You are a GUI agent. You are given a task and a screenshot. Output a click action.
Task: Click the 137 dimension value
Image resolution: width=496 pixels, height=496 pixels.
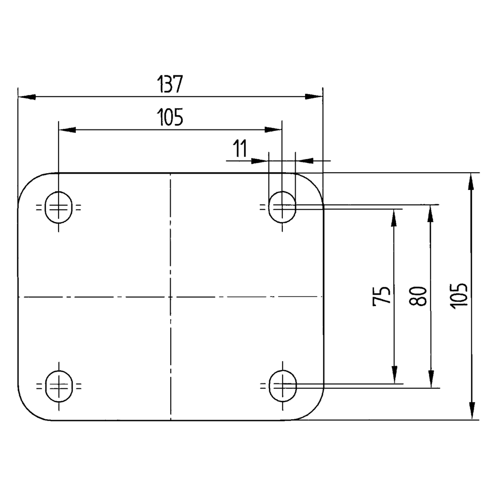[170, 84]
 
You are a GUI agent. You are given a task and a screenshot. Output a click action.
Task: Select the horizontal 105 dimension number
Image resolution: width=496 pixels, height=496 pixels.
[170, 117]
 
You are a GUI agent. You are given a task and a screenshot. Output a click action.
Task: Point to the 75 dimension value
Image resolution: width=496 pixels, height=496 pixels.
[381, 296]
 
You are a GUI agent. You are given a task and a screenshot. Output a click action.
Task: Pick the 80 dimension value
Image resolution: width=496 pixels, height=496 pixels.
[418, 296]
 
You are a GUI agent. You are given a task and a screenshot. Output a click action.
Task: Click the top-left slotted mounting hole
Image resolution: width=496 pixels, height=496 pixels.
[59, 207]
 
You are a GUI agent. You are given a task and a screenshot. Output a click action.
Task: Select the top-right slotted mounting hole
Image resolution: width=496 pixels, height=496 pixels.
[282, 207]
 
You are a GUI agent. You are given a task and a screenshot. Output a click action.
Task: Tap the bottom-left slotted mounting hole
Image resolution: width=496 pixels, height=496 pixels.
[59, 386]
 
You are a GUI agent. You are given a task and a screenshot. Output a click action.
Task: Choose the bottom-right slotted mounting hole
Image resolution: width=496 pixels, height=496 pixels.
[283, 386]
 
